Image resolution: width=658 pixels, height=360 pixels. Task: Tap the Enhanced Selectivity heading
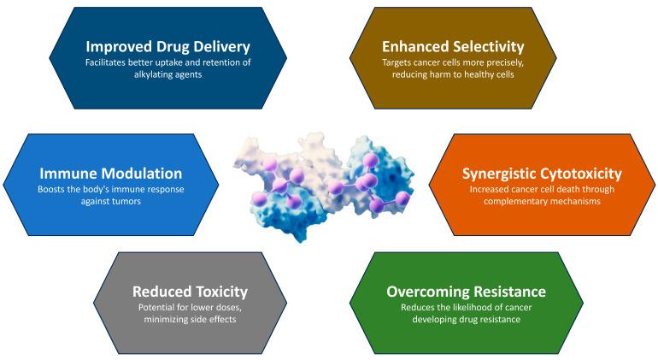[454, 45]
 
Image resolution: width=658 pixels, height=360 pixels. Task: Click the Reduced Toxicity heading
[191, 292]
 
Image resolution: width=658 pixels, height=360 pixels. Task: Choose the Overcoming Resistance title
[466, 292]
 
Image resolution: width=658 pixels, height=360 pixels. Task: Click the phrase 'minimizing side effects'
[191, 320]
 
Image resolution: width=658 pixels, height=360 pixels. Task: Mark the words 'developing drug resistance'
[466, 320]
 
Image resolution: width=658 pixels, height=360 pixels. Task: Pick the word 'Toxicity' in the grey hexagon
[219, 292]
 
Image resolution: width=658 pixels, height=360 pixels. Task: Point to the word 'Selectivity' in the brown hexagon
[483, 45]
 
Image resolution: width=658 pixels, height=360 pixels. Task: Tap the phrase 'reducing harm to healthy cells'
[454, 74]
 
